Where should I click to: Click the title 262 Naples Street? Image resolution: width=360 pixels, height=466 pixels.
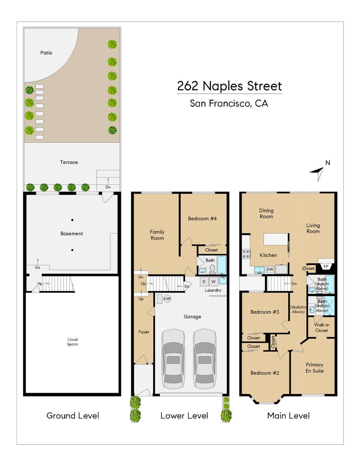pyautogui.click(x=229, y=86)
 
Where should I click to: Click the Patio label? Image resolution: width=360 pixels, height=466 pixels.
pyautogui.click(x=46, y=53)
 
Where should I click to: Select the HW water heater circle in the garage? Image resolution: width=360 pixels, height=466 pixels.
pyautogui.click(x=167, y=299)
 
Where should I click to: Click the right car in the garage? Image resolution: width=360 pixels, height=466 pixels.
pyautogui.click(x=204, y=359)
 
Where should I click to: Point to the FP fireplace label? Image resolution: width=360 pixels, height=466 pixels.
pyautogui.click(x=326, y=266)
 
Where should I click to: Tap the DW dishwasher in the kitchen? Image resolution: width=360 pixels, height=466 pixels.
pyautogui.click(x=270, y=269)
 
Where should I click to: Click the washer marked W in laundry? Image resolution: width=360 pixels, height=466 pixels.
pyautogui.click(x=213, y=282)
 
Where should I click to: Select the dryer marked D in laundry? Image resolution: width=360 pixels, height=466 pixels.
pyautogui.click(x=204, y=282)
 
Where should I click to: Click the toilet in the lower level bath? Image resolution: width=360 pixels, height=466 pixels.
pyautogui.click(x=212, y=269)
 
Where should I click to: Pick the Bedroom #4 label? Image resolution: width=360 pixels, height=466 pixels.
pyautogui.click(x=202, y=219)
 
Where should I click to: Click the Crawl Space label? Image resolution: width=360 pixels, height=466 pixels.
pyautogui.click(x=72, y=342)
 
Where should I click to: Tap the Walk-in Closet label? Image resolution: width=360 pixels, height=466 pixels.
pyautogui.click(x=321, y=328)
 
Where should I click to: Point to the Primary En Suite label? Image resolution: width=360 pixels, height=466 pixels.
pyautogui.click(x=314, y=368)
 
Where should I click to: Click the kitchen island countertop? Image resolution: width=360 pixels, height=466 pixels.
pyautogui.click(x=276, y=239)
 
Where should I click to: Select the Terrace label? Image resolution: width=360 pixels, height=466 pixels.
pyautogui.click(x=69, y=162)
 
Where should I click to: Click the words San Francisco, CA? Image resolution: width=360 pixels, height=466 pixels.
pyautogui.click(x=229, y=103)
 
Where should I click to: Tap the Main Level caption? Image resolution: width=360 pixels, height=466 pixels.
pyautogui.click(x=288, y=416)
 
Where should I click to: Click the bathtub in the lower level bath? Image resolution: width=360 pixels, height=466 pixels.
pyautogui.click(x=222, y=265)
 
